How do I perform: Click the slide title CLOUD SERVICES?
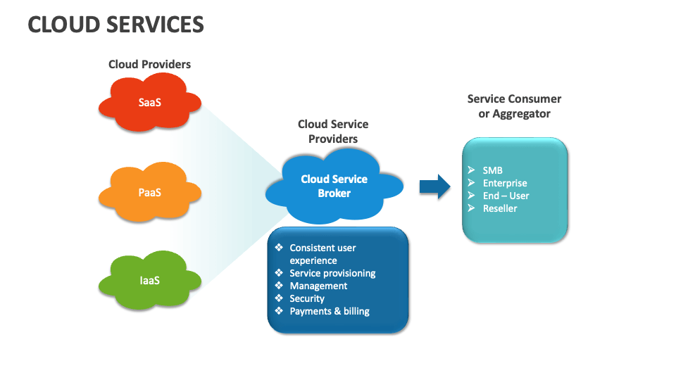pyautogui.click(x=115, y=25)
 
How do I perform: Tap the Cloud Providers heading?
pyautogui.click(x=149, y=64)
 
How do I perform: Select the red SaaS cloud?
pyautogui.click(x=149, y=103)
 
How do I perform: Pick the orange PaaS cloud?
pyautogui.click(x=149, y=191)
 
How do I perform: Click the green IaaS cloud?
pyautogui.click(x=149, y=280)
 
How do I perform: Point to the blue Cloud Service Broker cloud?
pyautogui.click(x=334, y=186)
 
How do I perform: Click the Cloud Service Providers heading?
pyautogui.click(x=333, y=132)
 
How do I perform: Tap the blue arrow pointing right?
pyautogui.click(x=434, y=186)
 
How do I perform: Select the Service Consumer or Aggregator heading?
pyautogui.click(x=514, y=106)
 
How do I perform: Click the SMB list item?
pyautogui.click(x=492, y=170)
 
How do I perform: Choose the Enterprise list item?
pyautogui.click(x=505, y=183)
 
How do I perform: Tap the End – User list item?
pyautogui.click(x=506, y=196)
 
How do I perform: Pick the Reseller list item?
pyautogui.click(x=500, y=208)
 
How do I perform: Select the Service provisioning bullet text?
pyautogui.click(x=332, y=273)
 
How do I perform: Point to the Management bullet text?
pyautogui.click(x=318, y=286)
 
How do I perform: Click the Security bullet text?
pyautogui.click(x=307, y=298)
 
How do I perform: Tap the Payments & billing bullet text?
pyautogui.click(x=330, y=311)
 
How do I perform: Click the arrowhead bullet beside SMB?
pyautogui.click(x=471, y=170)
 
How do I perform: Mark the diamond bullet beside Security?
pyautogui.click(x=279, y=298)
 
